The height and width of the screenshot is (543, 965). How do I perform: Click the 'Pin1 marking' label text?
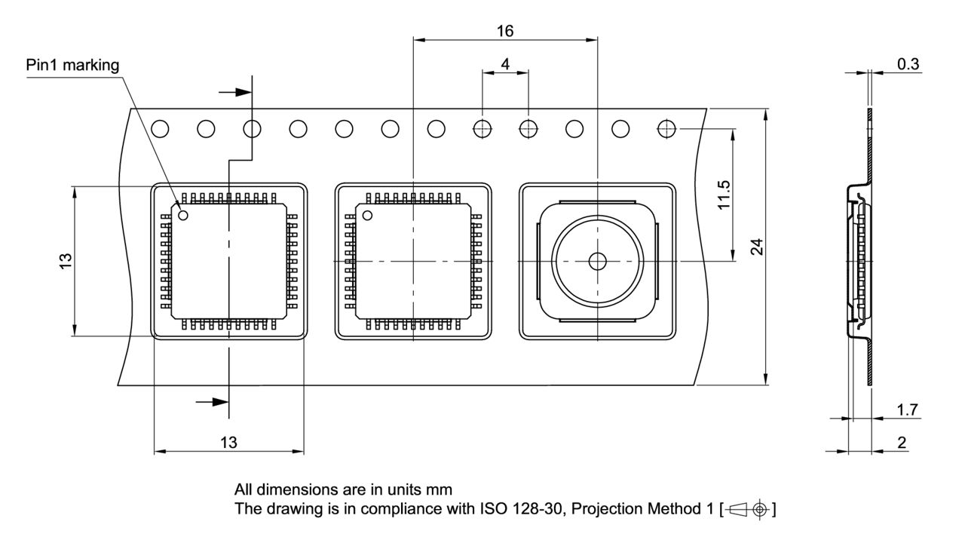pos(72,66)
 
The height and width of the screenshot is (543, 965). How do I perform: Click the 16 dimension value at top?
pos(505,31)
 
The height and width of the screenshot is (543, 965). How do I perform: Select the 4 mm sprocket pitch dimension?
pos(505,64)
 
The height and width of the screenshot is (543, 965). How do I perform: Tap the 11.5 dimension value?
pos(724,195)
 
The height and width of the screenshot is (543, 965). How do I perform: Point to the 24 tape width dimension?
pos(757,247)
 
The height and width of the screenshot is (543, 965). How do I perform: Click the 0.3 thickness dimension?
pos(908,65)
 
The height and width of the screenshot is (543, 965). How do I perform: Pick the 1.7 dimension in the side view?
pos(908,410)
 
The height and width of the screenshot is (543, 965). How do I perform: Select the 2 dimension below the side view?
pos(902,443)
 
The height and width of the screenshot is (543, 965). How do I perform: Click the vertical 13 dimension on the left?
pos(66,260)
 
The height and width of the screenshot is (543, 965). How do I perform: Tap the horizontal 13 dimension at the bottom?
pos(228,443)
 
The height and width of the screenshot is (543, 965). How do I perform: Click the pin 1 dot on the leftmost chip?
pos(183,215)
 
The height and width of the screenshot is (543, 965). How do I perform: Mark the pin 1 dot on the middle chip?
pos(367,216)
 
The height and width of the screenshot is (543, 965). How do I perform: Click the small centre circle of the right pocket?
pos(597,261)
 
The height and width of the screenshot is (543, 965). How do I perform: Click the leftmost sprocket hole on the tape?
pos(160,129)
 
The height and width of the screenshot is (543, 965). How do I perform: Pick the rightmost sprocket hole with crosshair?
pos(666,129)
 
